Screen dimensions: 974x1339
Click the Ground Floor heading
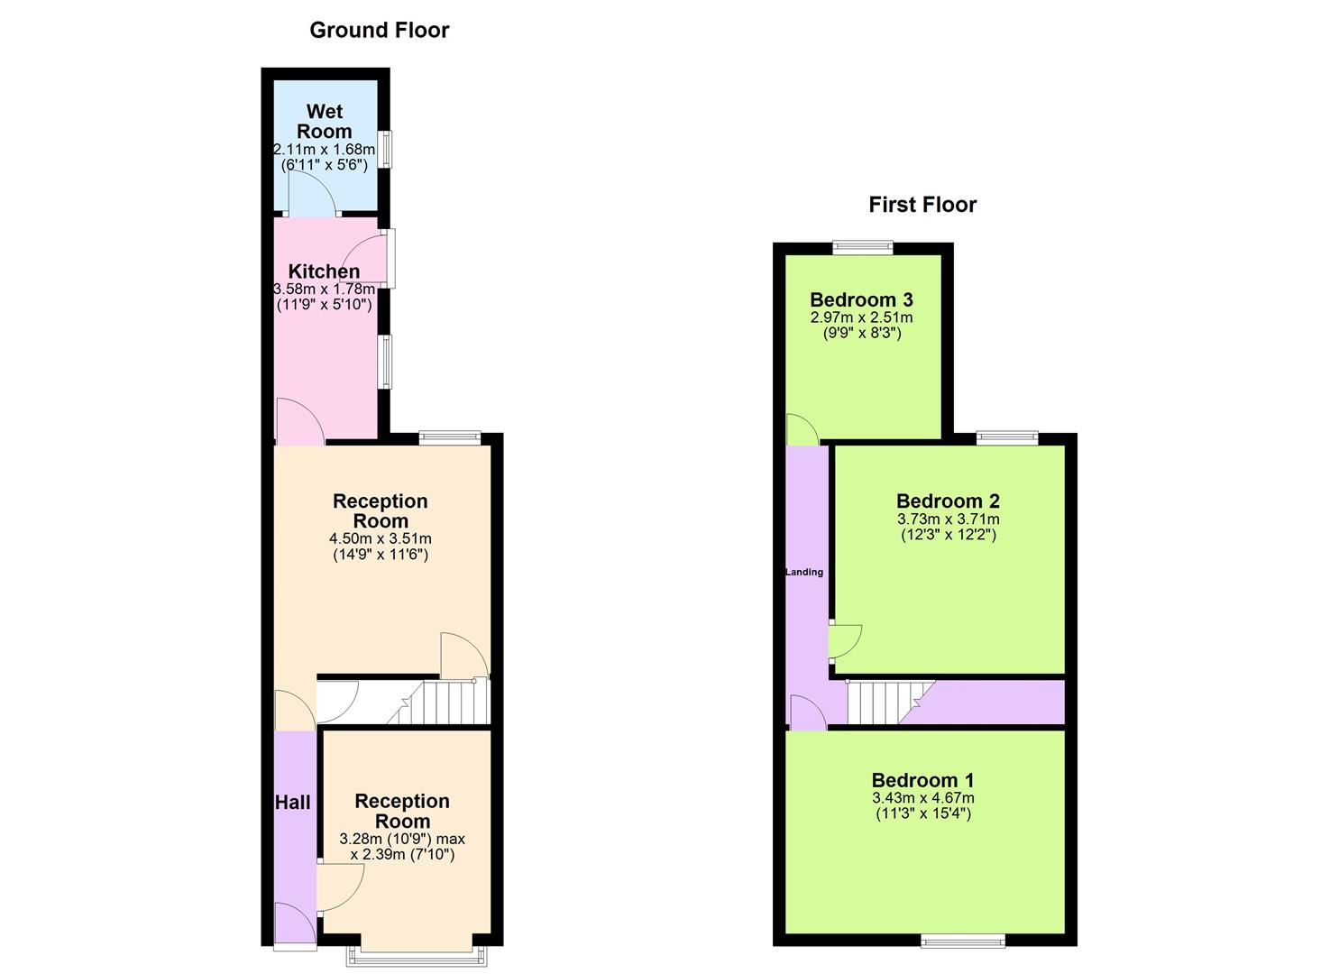coord(379,30)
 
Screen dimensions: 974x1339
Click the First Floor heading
coord(922,205)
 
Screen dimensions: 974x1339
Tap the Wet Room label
coord(325,121)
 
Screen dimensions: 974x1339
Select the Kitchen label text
coord(324,271)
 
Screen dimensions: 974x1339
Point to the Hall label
coord(292,802)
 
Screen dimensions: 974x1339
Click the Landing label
coord(804,572)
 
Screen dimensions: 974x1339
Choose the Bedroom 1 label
coord(922,780)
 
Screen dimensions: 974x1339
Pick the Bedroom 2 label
coord(948,501)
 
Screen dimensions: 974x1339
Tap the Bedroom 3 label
coord(861,299)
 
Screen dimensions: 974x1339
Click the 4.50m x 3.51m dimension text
coord(380,538)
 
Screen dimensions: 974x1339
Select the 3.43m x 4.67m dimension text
coord(922,798)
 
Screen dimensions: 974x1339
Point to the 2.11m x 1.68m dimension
coord(325,149)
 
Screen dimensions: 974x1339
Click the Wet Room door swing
coord(309,193)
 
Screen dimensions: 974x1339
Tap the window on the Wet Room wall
coord(385,149)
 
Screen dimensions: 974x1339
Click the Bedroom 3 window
coord(862,245)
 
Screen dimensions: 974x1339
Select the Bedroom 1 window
coord(963,941)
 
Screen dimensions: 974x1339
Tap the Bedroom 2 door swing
coord(845,641)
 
